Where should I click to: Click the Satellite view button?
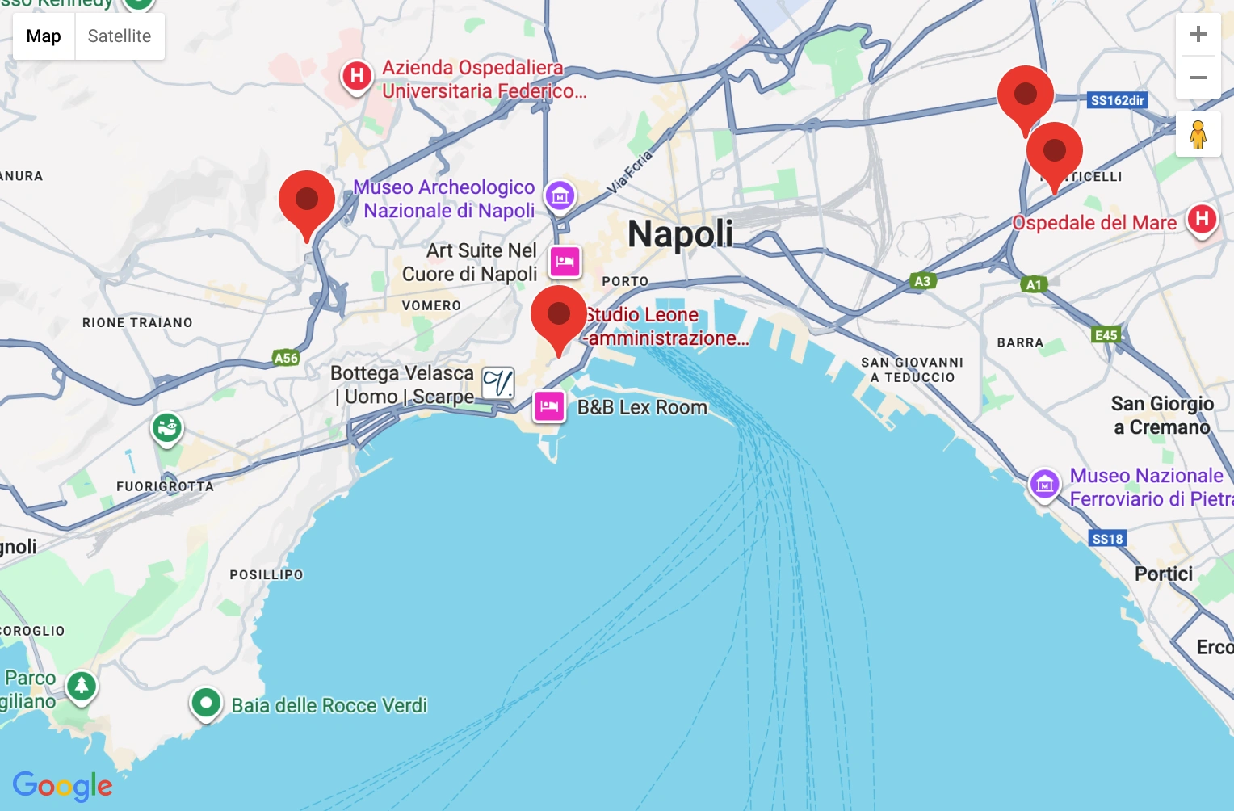(120, 36)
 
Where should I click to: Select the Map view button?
(44, 36)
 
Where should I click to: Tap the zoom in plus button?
(1198, 35)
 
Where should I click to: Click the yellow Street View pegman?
(1198, 135)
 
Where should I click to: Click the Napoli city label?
(680, 234)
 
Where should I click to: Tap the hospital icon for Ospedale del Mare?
(1202, 219)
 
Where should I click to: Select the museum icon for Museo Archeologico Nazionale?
(560, 195)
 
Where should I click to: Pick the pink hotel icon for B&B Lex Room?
(549, 406)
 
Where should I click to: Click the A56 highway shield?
(286, 358)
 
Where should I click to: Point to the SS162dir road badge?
(1118, 100)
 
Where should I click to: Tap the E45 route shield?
(1106, 335)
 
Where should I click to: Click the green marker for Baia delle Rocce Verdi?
(206, 703)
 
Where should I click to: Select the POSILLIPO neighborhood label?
(267, 575)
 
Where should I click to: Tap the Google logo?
(62, 785)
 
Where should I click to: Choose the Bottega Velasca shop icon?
(498, 384)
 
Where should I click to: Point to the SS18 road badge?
(1106, 539)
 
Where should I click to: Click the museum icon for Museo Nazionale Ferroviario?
(1044, 485)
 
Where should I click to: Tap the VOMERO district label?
(431, 305)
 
